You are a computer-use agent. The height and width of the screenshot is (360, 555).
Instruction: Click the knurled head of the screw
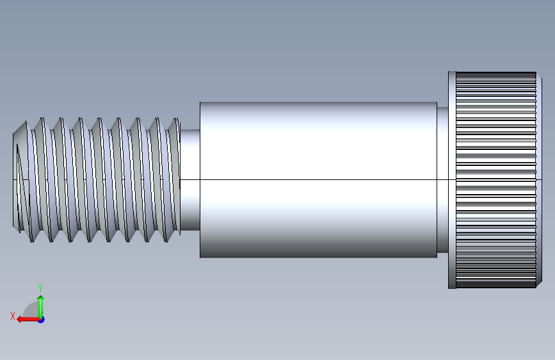click(x=496, y=180)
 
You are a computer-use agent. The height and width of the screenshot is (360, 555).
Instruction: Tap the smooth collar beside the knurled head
click(x=452, y=180)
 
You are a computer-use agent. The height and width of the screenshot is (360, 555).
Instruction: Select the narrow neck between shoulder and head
click(x=442, y=180)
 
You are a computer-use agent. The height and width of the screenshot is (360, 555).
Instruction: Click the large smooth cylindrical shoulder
click(x=318, y=180)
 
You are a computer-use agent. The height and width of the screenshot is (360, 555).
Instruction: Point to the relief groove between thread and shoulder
click(x=190, y=180)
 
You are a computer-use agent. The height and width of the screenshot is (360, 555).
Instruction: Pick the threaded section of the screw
click(x=97, y=180)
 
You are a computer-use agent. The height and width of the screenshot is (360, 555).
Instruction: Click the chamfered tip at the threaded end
click(x=20, y=180)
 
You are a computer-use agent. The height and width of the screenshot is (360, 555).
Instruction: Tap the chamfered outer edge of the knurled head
click(x=539, y=180)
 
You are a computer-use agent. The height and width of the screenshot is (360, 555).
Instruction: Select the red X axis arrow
click(x=28, y=320)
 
